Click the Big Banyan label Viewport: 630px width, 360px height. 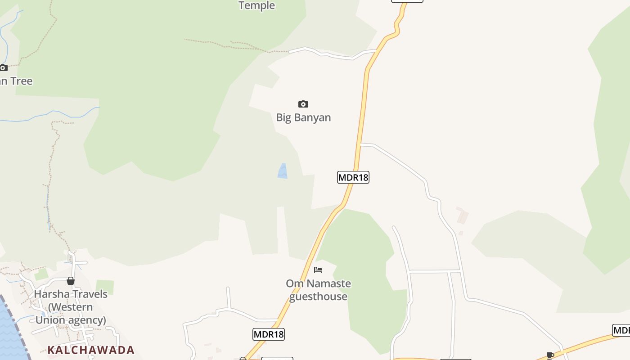(x=303, y=117)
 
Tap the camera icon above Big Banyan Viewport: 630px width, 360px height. (x=303, y=104)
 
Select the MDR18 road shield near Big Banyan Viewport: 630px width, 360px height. (x=353, y=177)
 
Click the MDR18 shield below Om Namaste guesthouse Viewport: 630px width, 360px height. (x=269, y=334)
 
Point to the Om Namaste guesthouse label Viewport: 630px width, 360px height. (x=318, y=290)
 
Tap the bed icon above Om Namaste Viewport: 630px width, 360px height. (x=318, y=270)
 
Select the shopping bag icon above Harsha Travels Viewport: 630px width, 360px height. (x=71, y=281)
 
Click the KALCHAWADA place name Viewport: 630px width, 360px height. (x=91, y=350)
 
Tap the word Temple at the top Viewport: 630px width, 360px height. (x=256, y=5)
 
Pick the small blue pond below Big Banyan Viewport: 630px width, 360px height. (x=283, y=171)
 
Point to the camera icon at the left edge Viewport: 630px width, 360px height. (x=4, y=68)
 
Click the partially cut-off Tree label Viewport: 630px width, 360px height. (x=17, y=81)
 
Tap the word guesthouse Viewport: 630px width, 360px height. (x=318, y=297)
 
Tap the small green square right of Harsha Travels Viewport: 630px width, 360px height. (x=104, y=287)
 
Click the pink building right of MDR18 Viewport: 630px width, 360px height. (x=462, y=216)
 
